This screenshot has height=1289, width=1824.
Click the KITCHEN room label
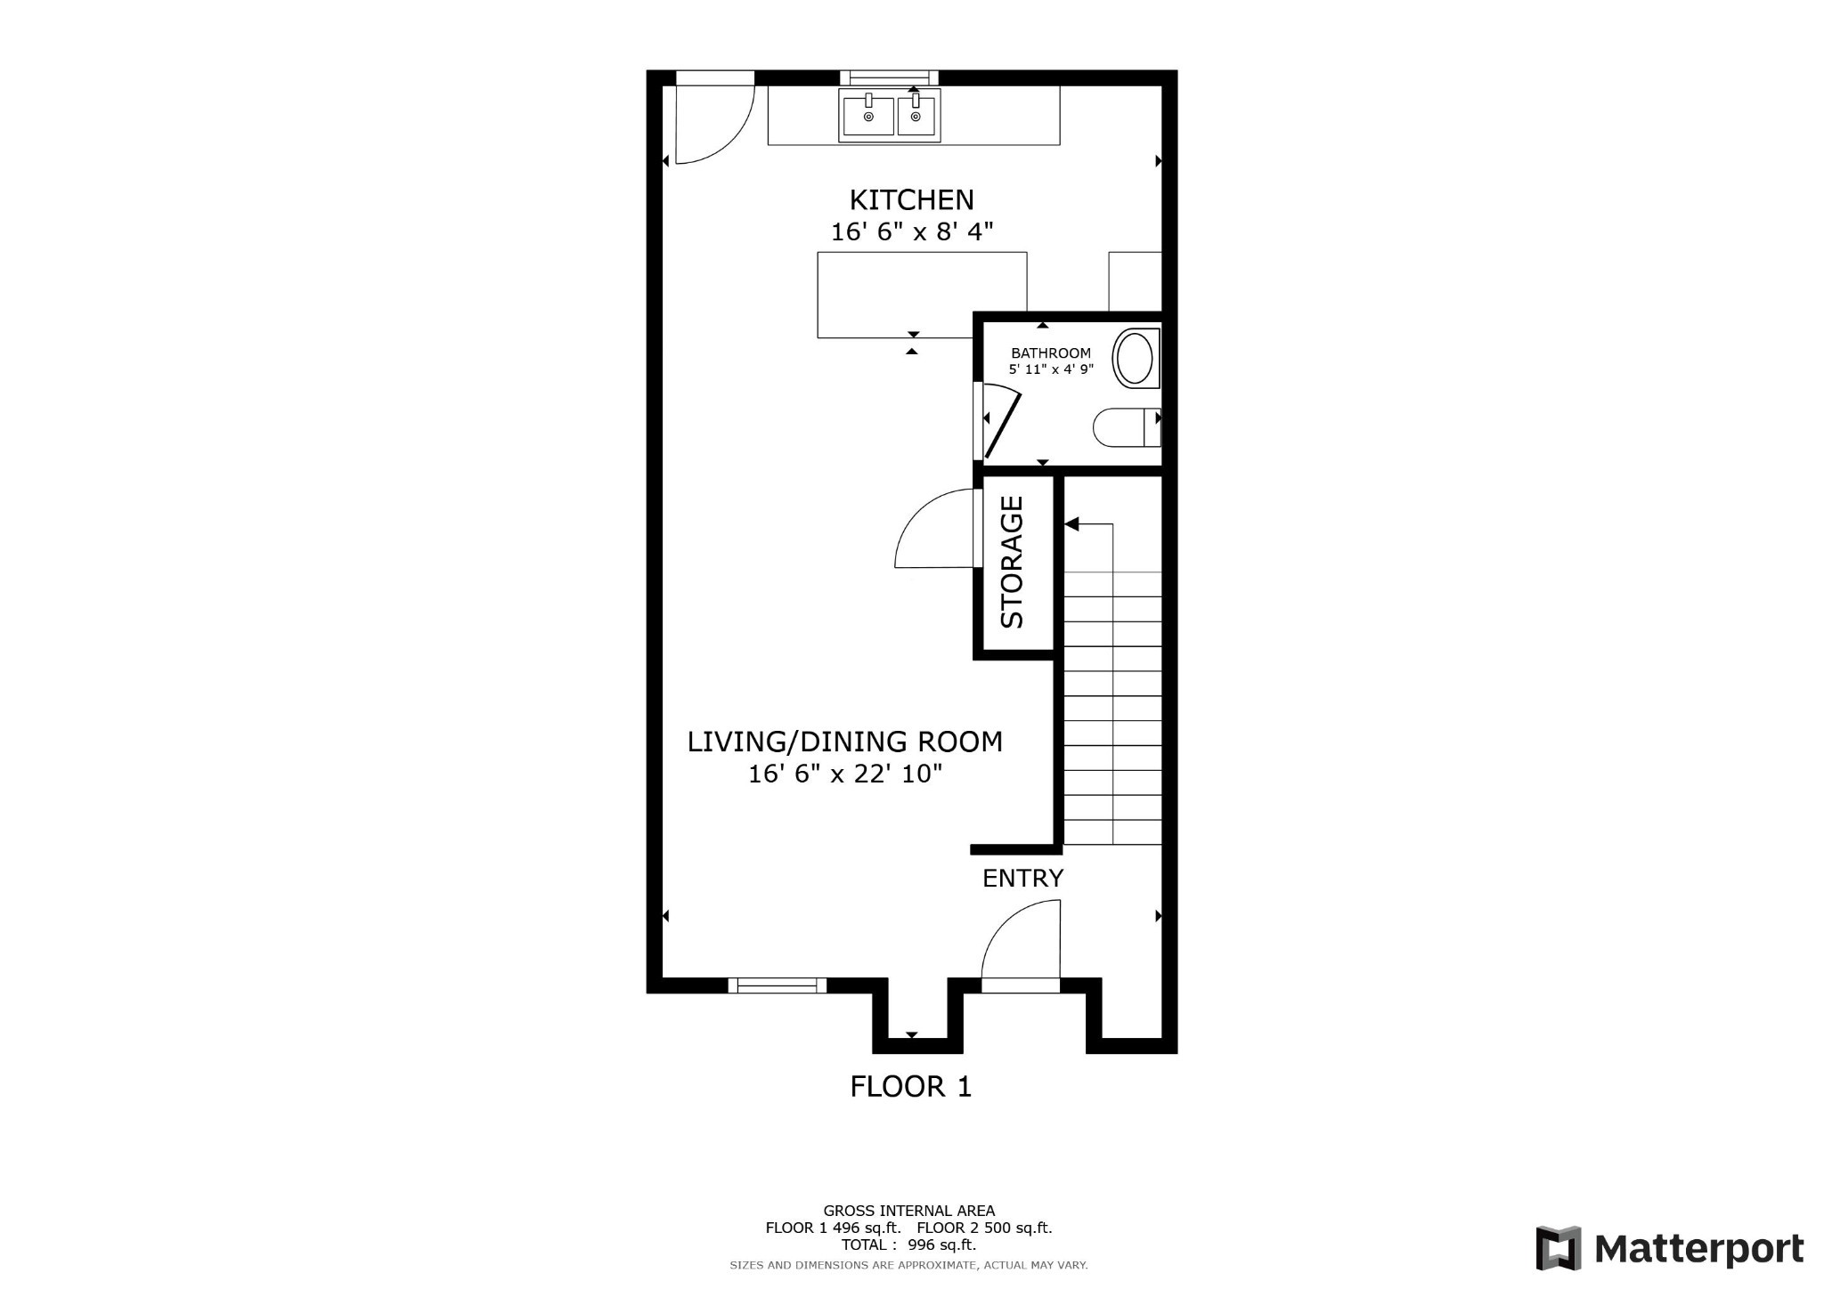point(911,199)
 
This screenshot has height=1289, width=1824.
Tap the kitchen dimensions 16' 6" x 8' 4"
point(911,232)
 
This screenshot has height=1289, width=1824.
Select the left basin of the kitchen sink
point(868,116)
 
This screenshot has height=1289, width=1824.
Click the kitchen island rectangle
point(922,295)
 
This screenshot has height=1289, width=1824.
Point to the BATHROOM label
point(1050,353)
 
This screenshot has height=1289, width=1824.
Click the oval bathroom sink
point(1135,358)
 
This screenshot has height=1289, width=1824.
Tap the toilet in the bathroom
point(1124,427)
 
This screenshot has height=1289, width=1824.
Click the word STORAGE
point(1013,563)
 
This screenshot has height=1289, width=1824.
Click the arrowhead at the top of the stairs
point(1071,524)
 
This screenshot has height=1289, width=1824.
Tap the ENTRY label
point(1022,879)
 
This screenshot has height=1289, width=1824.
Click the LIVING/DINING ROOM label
point(844,742)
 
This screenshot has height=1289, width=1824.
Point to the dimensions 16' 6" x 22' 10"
point(844,774)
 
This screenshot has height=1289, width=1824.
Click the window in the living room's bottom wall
point(777,985)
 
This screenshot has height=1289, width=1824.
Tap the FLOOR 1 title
point(910,1087)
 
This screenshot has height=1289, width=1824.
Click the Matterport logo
point(1670,1249)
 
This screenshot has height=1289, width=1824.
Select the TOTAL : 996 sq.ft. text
point(908,1245)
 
